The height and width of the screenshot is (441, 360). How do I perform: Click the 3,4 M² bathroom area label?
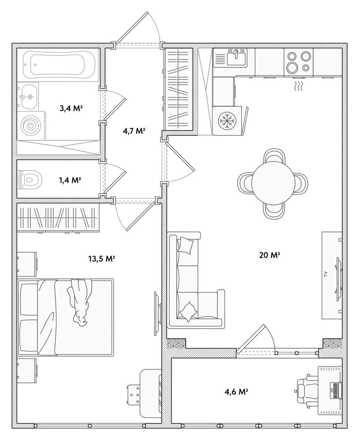71,108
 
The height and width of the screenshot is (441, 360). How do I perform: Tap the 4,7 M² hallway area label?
134,131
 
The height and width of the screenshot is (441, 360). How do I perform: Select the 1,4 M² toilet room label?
70,180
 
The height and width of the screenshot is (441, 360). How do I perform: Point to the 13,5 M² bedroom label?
102,259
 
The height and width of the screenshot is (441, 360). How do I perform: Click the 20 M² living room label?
269,255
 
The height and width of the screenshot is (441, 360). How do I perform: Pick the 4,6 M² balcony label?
236,392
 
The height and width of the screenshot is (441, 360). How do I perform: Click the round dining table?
273,184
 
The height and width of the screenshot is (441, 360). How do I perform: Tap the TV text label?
325,274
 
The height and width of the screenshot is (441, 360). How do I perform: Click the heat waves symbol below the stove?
298,86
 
